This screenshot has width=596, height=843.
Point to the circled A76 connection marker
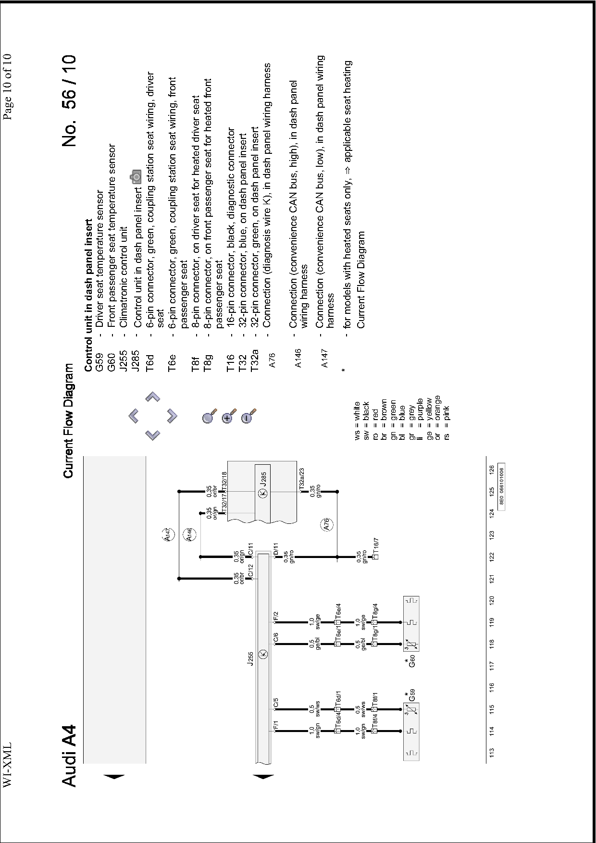pyautogui.click(x=326, y=524)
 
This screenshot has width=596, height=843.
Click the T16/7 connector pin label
pyautogui.click(x=376, y=545)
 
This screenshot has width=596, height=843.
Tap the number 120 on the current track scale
pyautogui.click(x=492, y=600)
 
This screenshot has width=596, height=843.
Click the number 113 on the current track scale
pyautogui.click(x=492, y=752)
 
